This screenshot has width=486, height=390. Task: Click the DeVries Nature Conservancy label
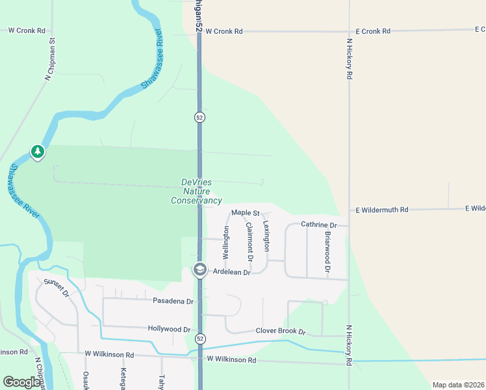click(196, 192)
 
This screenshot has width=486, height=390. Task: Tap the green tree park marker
click(38, 152)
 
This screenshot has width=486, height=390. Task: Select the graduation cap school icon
click(200, 270)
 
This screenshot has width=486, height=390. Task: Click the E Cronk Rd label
click(373, 31)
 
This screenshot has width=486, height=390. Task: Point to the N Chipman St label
click(51, 59)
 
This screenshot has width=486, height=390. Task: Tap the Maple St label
click(246, 213)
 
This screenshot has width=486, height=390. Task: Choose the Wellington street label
click(226, 243)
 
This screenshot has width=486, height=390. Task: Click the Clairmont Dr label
click(249, 239)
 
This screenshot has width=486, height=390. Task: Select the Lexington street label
click(266, 236)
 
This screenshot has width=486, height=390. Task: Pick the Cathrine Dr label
click(318, 224)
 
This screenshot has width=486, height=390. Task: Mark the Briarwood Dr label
click(327, 251)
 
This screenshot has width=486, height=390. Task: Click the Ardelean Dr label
click(232, 273)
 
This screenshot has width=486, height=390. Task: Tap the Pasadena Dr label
click(173, 302)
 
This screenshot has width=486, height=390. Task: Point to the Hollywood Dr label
click(169, 330)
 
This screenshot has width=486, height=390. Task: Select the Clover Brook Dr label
click(281, 331)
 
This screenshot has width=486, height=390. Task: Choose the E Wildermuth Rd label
click(381, 210)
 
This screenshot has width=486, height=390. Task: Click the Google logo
click(21, 382)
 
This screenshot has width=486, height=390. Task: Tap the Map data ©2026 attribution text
click(458, 385)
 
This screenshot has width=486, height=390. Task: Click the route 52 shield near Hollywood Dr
click(200, 339)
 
